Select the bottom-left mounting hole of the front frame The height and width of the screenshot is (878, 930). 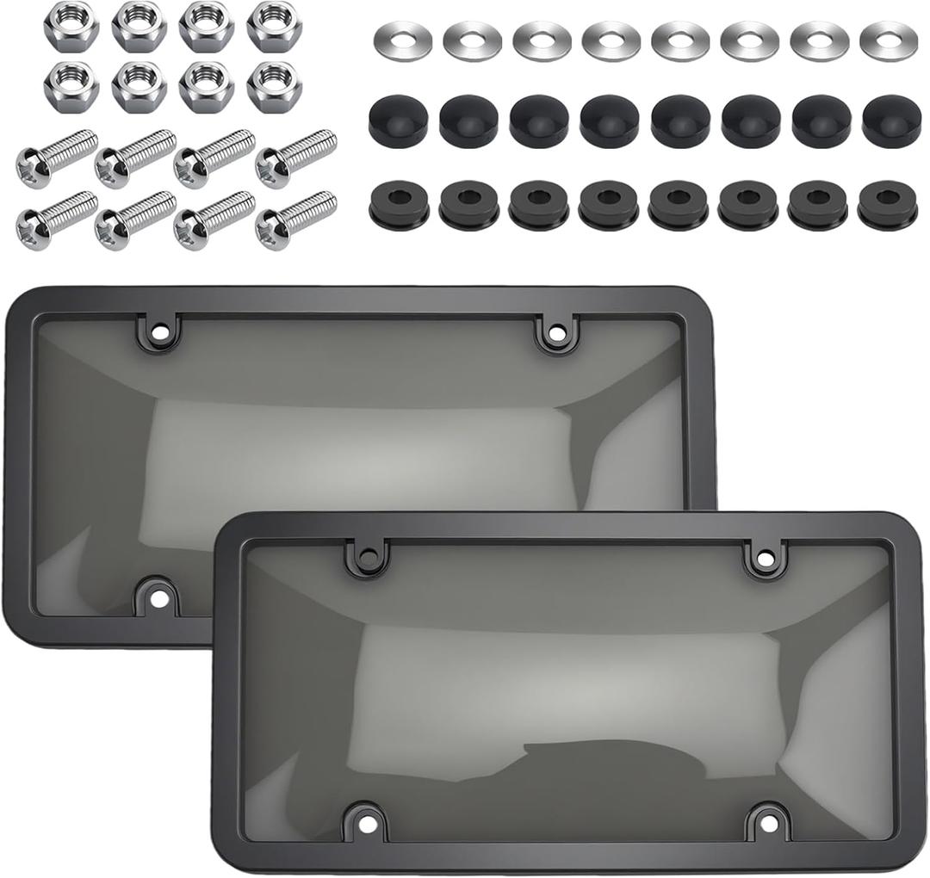(364, 824)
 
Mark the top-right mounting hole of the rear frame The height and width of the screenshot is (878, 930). (555, 331)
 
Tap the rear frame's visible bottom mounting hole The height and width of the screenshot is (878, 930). (158, 596)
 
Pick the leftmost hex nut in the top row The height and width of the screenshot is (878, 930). (71, 26)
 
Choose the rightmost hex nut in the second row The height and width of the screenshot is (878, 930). (274, 85)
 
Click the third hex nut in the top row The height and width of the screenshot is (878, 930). (207, 26)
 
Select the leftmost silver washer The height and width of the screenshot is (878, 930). (403, 40)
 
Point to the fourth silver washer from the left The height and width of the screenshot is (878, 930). (611, 40)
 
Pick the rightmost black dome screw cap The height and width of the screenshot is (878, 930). (891, 121)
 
